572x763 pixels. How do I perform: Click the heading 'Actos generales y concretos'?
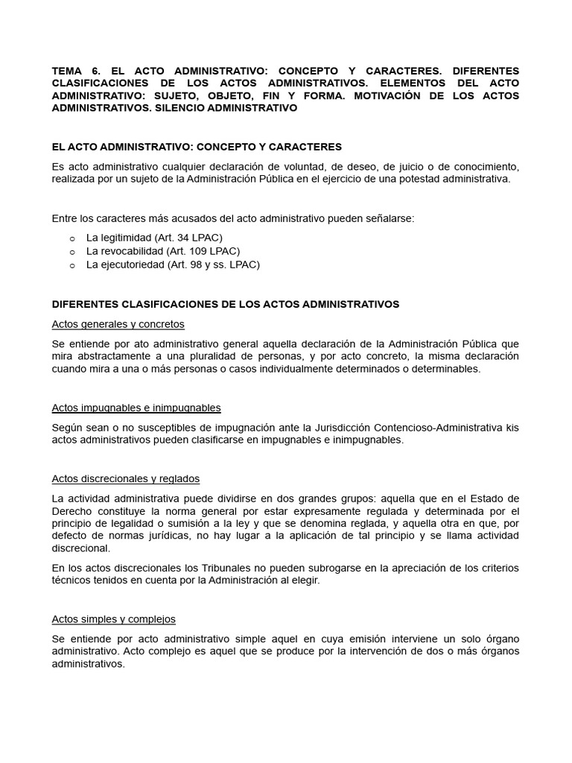click(x=118, y=324)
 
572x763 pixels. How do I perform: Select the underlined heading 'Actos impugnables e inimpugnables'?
click(x=136, y=408)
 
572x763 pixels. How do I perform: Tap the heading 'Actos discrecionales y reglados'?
click(x=125, y=478)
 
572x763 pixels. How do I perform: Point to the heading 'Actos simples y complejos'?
click(x=113, y=619)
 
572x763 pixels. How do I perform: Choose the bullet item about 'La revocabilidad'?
click(x=163, y=251)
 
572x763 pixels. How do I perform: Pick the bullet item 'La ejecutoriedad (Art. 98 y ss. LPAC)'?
click(x=173, y=265)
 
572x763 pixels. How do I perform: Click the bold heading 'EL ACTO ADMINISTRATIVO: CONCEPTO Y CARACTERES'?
click(x=197, y=147)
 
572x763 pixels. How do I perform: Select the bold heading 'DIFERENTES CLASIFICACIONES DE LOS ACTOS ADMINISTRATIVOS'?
click(x=225, y=304)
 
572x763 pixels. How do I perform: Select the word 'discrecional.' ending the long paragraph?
click(x=80, y=548)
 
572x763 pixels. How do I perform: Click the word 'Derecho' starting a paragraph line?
click(x=71, y=511)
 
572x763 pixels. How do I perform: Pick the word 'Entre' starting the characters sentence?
click(x=65, y=218)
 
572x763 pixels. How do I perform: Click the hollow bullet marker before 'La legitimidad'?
click(x=72, y=238)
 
